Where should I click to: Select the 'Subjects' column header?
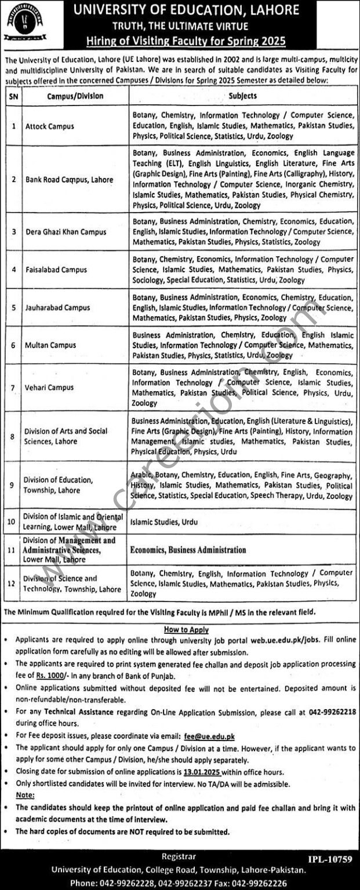(242, 96)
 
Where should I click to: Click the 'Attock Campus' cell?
(48, 125)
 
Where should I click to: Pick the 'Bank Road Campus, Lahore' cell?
(68, 180)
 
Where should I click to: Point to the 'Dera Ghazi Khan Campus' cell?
(65, 232)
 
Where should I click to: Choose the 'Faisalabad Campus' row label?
(56, 269)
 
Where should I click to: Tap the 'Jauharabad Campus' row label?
(56, 308)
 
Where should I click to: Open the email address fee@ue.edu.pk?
(209, 736)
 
